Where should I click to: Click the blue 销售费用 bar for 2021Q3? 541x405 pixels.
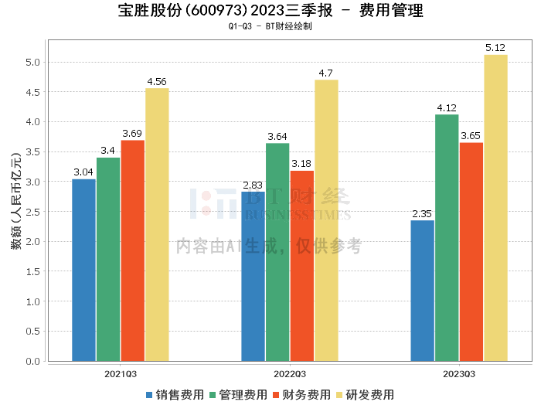click(83, 270)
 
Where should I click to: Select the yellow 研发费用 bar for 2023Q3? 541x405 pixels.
click(495, 208)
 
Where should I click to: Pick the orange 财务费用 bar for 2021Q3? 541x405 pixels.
click(132, 250)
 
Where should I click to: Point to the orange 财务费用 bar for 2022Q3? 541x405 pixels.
click(301, 266)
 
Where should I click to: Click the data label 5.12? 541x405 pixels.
click(495, 48)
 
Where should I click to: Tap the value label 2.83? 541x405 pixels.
click(253, 185)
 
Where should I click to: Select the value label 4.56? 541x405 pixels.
click(157, 81)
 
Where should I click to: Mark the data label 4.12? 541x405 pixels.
click(447, 108)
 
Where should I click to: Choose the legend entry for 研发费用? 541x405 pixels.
click(369, 395)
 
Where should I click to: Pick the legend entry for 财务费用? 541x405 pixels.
click(305, 395)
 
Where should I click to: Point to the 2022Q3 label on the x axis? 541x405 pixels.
click(289, 373)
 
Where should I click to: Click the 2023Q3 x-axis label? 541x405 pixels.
click(458, 373)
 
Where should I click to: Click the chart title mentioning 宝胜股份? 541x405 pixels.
click(270, 11)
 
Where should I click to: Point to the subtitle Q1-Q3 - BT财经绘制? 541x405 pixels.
click(270, 26)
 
